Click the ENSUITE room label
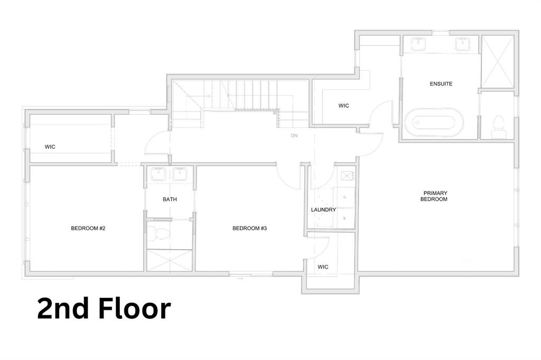[441, 84]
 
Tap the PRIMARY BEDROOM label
[434, 196]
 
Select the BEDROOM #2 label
[88, 228]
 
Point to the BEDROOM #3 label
[249, 228]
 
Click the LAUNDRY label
[323, 210]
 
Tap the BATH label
[170, 200]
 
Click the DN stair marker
[294, 136]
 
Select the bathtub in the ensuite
[434, 122]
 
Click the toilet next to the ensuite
[498, 127]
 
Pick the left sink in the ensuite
[418, 44]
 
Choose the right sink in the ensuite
[462, 44]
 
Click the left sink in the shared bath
[158, 174]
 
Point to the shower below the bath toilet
[170, 260]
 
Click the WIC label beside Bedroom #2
[50, 147]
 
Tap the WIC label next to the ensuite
[343, 106]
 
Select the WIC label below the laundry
[323, 267]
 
